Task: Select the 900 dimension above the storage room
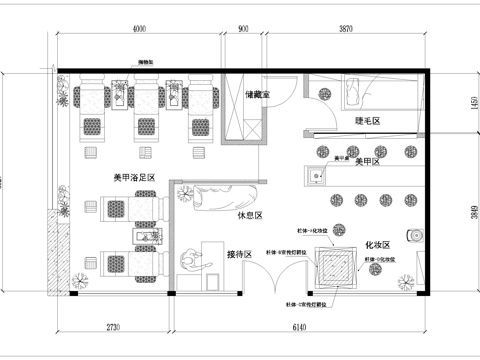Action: coord(243,31)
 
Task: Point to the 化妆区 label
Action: coord(377,245)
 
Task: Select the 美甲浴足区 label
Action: coord(134,177)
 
